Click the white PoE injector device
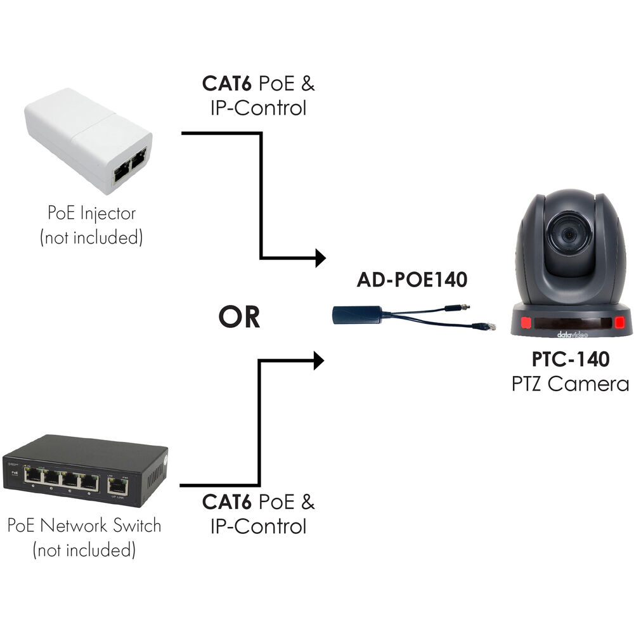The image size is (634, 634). coord(89,139)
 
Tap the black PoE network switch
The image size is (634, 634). coord(85,470)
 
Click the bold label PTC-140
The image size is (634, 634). coord(571,359)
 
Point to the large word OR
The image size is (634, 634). coord(239,317)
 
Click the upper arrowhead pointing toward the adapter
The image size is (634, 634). coord(320,258)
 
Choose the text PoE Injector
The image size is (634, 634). coord(91,213)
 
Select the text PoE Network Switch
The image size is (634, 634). coord(84,526)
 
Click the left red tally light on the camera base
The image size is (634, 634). coord(526,325)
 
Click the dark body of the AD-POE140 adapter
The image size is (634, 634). coord(358,314)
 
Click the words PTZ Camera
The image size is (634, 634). coord(571,384)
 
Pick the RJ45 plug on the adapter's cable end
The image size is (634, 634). coord(486,327)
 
